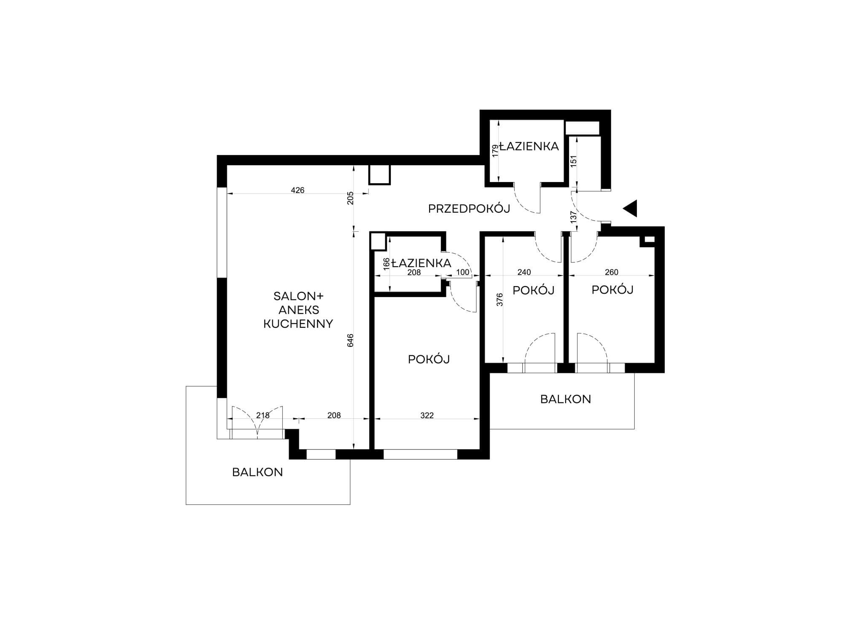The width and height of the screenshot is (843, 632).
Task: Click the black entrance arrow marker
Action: [x=631, y=208]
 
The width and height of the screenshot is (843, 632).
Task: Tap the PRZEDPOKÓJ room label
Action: [x=469, y=209]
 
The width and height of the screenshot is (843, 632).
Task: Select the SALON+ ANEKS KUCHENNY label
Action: [x=298, y=310]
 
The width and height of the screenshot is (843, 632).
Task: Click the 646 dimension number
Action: [x=350, y=340]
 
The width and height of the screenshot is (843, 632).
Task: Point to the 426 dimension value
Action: [x=298, y=190]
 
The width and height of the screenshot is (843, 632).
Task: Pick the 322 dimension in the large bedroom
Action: [x=427, y=415]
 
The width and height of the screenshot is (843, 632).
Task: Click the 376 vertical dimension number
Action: [x=500, y=300]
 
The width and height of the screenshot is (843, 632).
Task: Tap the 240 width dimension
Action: [x=524, y=272]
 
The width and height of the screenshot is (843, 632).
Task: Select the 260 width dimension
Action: [x=612, y=272]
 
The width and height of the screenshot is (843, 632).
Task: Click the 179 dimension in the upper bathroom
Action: [x=495, y=150]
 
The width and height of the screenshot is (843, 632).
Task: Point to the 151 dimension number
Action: [x=573, y=161]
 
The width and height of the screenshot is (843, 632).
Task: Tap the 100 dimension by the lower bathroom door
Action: [x=463, y=272]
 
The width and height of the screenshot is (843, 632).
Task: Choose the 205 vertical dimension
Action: [x=350, y=198]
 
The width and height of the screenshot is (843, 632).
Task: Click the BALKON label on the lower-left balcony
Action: [x=258, y=472]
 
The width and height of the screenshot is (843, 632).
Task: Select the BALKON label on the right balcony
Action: [x=566, y=399]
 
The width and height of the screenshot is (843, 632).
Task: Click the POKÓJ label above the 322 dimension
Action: [x=429, y=359]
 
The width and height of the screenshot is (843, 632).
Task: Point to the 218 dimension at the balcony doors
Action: [x=263, y=415]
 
